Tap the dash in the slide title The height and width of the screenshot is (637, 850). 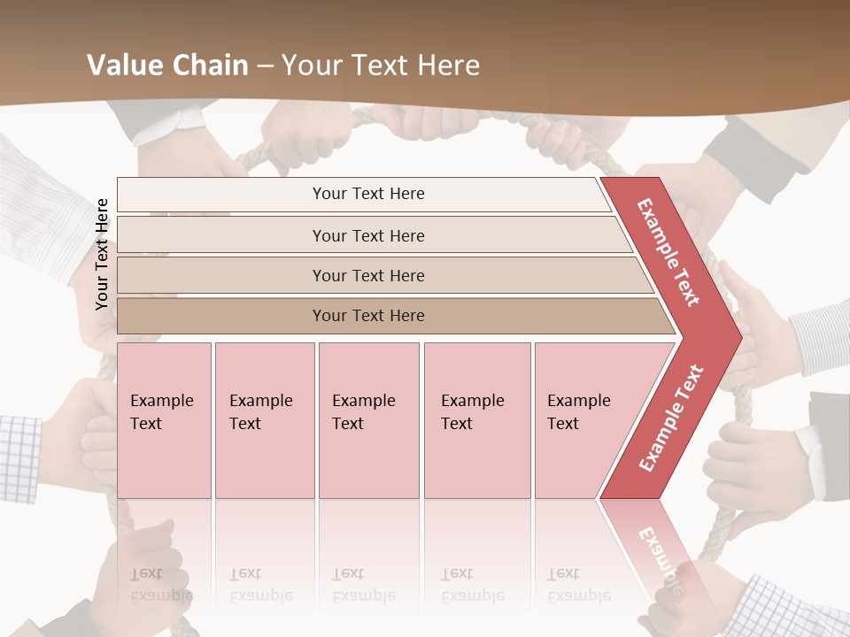265,66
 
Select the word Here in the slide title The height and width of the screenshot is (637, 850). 448,65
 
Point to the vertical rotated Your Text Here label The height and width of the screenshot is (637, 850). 102,254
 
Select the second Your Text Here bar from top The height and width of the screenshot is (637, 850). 367,235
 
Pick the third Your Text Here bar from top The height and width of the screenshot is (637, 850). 367,275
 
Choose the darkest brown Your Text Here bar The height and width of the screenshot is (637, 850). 367,316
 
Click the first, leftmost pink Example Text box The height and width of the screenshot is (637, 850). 164,420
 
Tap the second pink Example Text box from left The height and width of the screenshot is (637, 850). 264,420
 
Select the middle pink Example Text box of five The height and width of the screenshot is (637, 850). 368,420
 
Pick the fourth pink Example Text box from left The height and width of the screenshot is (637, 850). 476,420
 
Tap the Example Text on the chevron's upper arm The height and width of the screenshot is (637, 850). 668,252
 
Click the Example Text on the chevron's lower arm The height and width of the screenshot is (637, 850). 671,418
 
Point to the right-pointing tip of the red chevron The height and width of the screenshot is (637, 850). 737,336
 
